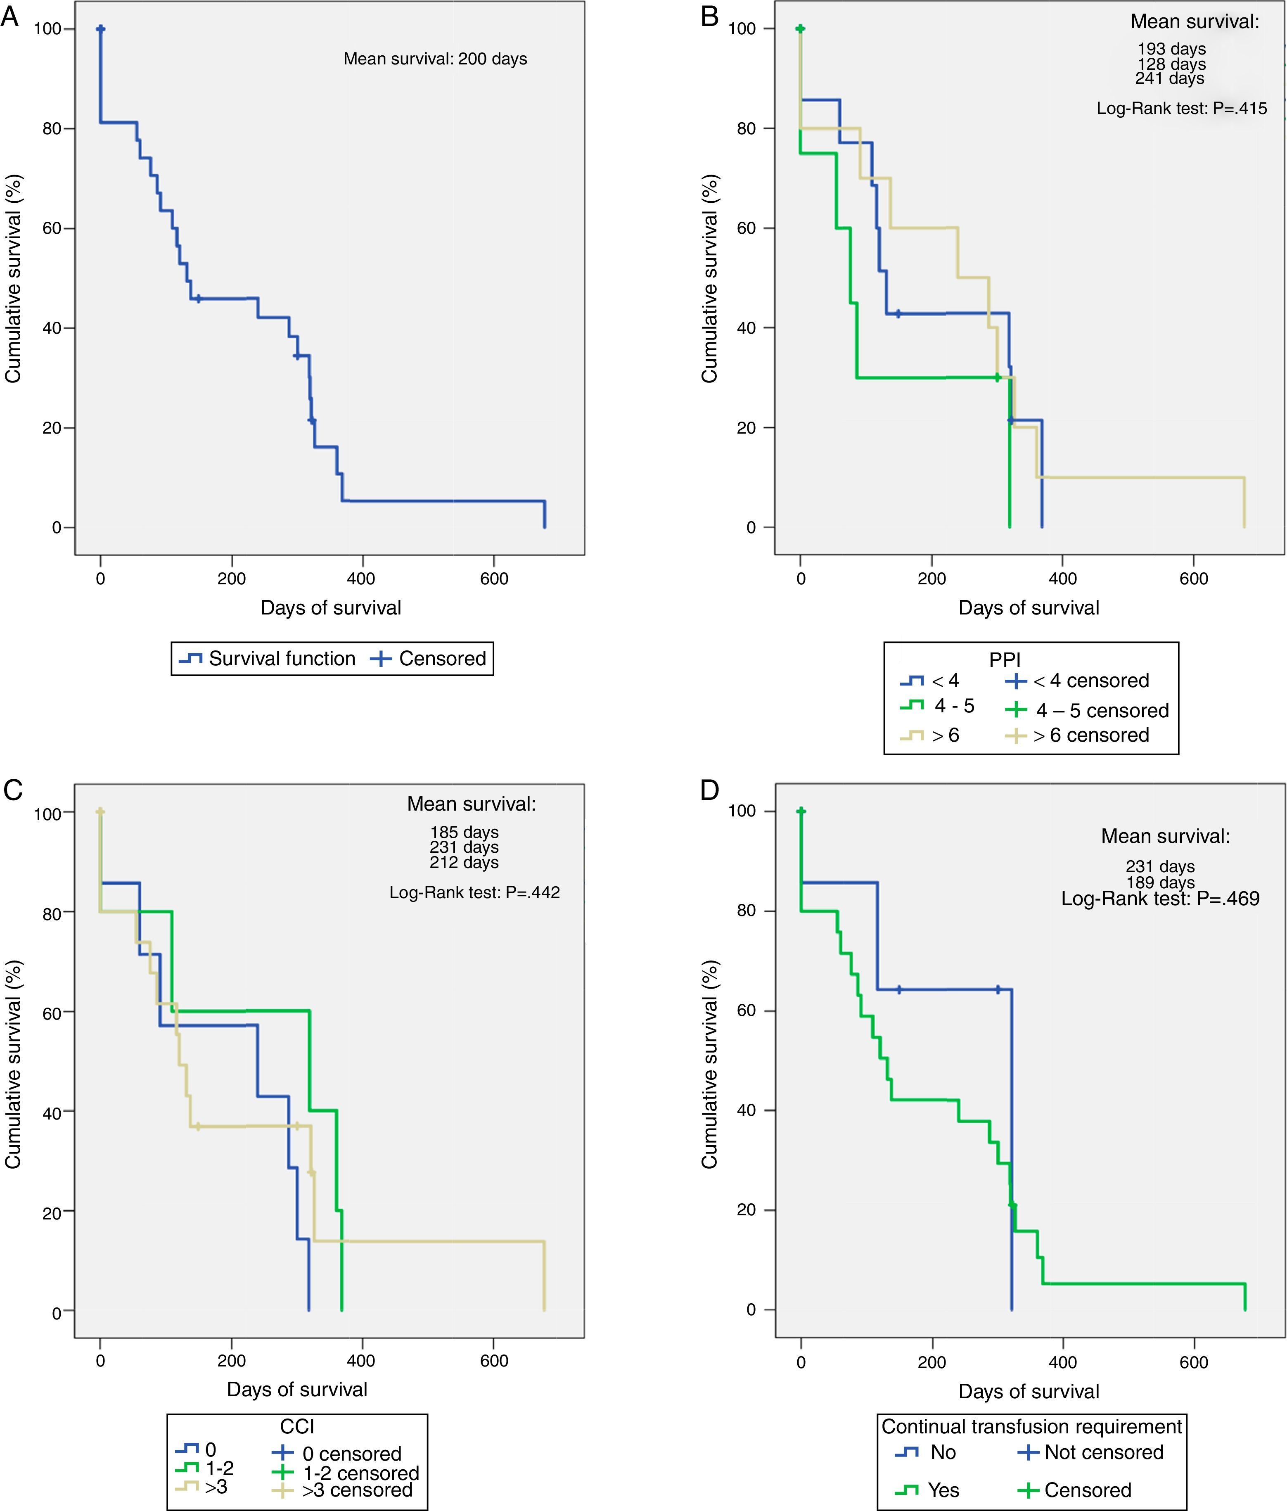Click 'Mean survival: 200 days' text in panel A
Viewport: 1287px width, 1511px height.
click(x=435, y=59)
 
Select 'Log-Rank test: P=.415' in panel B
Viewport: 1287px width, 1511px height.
click(x=1181, y=109)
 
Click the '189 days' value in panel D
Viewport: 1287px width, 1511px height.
click(x=1160, y=882)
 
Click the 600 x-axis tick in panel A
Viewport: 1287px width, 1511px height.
click(x=494, y=579)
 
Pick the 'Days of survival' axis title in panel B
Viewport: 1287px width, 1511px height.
click(x=1028, y=608)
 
